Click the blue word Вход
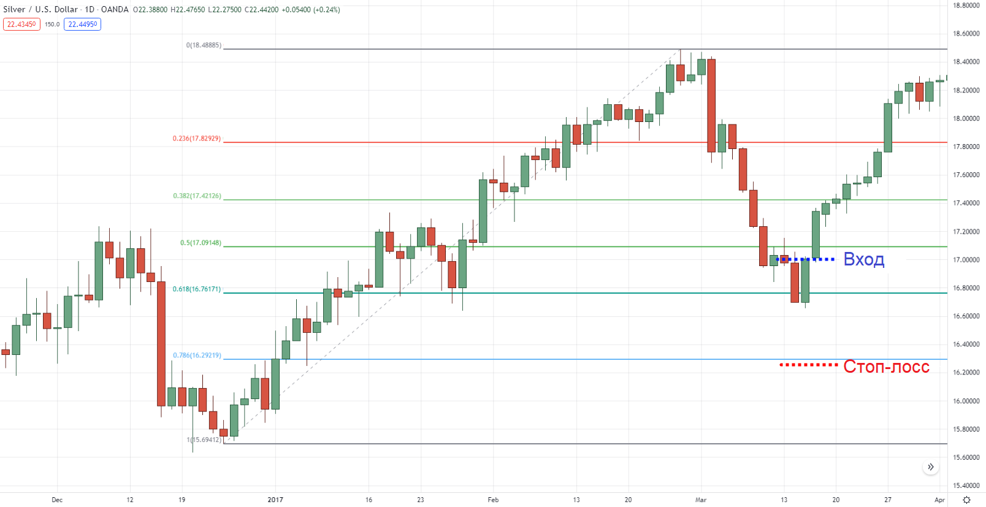(863, 259)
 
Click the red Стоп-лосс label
(886, 367)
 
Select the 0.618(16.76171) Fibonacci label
(197, 289)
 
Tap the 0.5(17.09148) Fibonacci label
(201, 243)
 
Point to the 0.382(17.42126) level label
(197, 196)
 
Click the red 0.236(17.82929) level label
(197, 139)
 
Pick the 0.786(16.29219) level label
(197, 356)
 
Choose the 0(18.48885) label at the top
(204, 45)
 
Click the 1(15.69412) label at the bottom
(204, 440)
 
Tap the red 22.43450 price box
(21, 25)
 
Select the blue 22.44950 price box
(82, 25)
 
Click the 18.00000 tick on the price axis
(966, 118)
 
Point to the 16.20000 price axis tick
(966, 373)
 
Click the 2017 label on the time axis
(275, 500)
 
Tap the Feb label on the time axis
(493, 500)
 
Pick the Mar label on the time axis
(701, 500)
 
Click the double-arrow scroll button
(931, 467)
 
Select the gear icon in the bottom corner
(967, 500)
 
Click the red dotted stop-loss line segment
(808, 365)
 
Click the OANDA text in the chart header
(115, 10)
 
